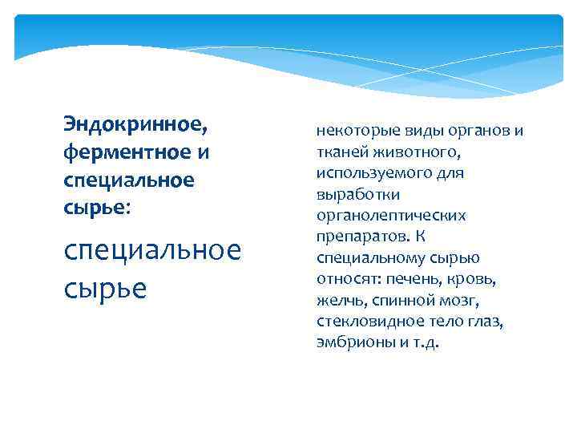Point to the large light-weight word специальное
151,250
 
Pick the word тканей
340,152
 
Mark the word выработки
349,195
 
